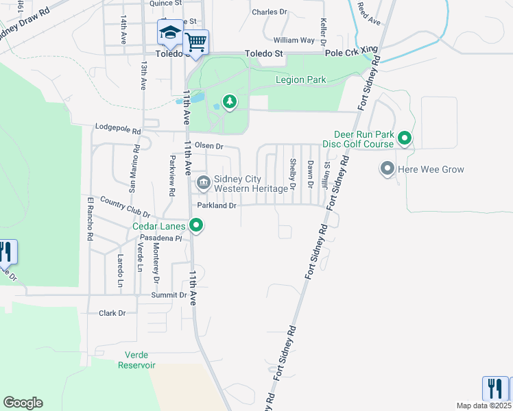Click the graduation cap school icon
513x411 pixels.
click(x=169, y=32)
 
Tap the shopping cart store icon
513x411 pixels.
click(x=196, y=42)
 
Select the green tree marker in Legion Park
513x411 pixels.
click(x=229, y=103)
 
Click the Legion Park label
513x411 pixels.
click(x=300, y=80)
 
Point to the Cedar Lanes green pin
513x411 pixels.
click(x=197, y=225)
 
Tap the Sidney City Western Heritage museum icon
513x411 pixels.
click(x=204, y=182)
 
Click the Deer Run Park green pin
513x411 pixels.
click(x=405, y=139)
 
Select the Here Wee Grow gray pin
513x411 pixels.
click(x=387, y=169)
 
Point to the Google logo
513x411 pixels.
click(x=23, y=403)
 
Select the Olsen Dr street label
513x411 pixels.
click(x=209, y=146)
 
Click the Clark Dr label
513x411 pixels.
click(x=112, y=313)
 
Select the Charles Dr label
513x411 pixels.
click(x=270, y=12)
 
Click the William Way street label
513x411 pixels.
click(x=294, y=40)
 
